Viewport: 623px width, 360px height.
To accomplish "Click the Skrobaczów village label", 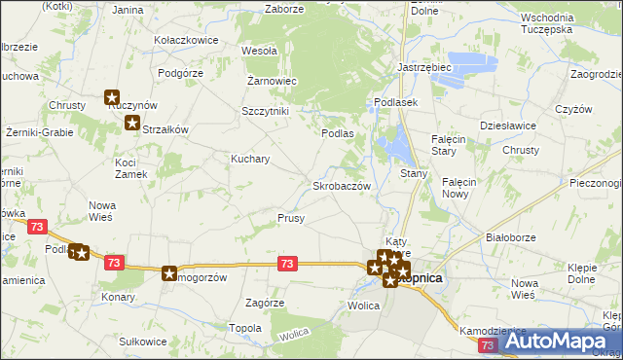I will point(340,185).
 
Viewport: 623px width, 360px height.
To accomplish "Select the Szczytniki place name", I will point(265,111).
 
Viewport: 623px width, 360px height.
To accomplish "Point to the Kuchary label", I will point(249,158).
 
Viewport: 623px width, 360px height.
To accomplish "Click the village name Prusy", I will point(291,219).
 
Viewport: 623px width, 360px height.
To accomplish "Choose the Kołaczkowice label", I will point(185,40).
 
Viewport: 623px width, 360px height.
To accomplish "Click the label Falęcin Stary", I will point(451,145).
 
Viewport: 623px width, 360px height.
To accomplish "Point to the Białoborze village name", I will point(512,237).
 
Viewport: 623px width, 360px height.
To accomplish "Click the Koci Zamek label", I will point(130,167).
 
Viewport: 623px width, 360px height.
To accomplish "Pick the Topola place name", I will point(244,328).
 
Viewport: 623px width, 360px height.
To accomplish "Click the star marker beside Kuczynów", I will point(112,97).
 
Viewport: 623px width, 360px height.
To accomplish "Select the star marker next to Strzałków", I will point(131,123).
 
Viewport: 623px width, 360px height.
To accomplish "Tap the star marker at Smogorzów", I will point(170,275).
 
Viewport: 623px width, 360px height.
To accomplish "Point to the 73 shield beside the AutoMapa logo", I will point(488,345).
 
